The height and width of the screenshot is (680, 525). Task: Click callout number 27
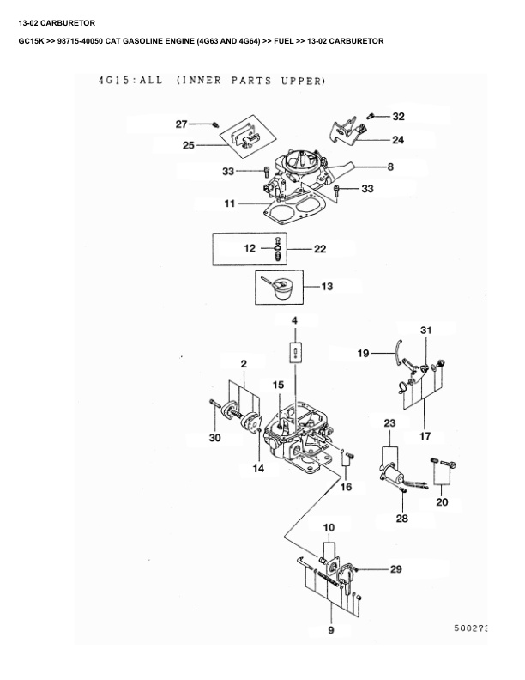[181, 124]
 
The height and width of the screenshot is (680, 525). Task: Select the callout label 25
[188, 145]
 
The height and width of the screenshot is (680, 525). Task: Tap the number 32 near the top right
[399, 116]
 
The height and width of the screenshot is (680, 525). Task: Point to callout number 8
[390, 167]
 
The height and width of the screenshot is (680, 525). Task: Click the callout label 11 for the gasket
[230, 204]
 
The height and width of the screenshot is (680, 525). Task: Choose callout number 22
[319, 249]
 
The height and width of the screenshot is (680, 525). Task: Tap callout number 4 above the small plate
[294, 320]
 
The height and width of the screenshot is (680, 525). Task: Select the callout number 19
[363, 353]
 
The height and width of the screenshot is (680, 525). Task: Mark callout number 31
[426, 330]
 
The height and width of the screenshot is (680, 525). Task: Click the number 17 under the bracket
[425, 436]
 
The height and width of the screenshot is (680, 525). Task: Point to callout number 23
[389, 423]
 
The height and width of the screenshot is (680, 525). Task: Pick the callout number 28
[401, 519]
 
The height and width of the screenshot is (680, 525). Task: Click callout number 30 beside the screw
[214, 438]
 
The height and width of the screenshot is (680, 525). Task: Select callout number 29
[395, 569]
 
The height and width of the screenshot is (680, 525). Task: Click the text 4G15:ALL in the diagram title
[127, 82]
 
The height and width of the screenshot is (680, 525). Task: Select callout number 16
[346, 486]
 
